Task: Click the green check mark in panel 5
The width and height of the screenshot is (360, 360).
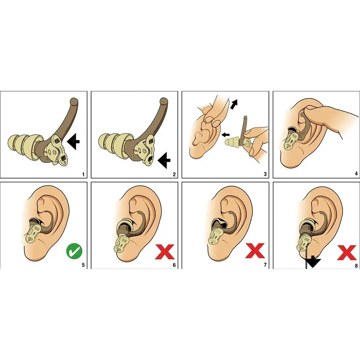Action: pos(74,251)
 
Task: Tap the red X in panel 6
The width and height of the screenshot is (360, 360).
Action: pos(165,252)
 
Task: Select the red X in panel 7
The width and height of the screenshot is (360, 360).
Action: pos(255,251)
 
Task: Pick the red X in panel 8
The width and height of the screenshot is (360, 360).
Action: pos(347,252)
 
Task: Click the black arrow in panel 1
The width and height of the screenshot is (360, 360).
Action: pos(73,142)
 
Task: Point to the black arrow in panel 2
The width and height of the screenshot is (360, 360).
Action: pos(164,161)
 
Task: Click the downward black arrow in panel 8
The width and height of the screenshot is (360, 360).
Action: pos(313,263)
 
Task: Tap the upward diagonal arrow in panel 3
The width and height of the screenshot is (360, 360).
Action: pos(234,104)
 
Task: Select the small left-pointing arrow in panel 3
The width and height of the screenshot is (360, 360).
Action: pos(226,135)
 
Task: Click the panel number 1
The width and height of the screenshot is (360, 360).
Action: pos(83,175)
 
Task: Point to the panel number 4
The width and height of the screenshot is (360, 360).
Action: pos(356,174)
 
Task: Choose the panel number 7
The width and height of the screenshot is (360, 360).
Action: pos(265,265)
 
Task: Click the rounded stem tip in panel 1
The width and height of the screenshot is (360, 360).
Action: pos(74,102)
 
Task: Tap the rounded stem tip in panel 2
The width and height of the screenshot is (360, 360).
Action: pos(164,102)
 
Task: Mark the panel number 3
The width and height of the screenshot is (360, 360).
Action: pos(265,174)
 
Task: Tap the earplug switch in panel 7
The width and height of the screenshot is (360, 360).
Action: pos(216,236)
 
